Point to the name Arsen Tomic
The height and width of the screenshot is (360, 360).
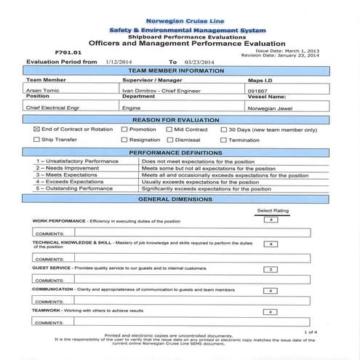(43, 89)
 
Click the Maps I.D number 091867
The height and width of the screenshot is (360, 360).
(257, 89)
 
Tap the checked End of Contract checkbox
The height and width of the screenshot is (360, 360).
(36, 129)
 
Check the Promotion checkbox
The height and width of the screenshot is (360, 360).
(124, 129)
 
